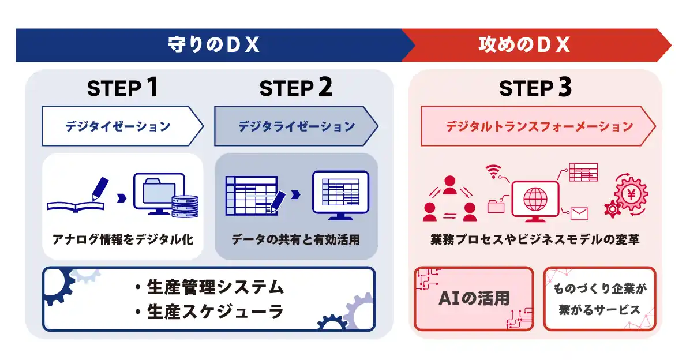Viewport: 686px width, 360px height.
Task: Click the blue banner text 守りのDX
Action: coord(213,44)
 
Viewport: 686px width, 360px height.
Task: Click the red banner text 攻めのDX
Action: coord(524,44)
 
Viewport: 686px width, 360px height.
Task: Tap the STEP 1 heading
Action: coord(122,88)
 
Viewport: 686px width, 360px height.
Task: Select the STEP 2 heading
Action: coord(295,88)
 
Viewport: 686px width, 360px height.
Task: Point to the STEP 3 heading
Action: coord(535,88)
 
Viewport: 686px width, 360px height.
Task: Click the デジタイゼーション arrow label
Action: coord(118,126)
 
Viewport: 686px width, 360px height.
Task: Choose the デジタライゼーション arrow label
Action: coord(296,126)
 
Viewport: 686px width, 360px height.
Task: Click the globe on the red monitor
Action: coord(534,200)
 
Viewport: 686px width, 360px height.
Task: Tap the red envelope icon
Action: coord(578,213)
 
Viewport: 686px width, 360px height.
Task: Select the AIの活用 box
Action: coord(474,298)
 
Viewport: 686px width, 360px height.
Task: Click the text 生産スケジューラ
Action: coord(208,312)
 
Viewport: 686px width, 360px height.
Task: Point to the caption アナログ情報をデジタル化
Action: coord(122,239)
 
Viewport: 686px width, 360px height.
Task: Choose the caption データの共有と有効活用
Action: coord(295,239)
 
